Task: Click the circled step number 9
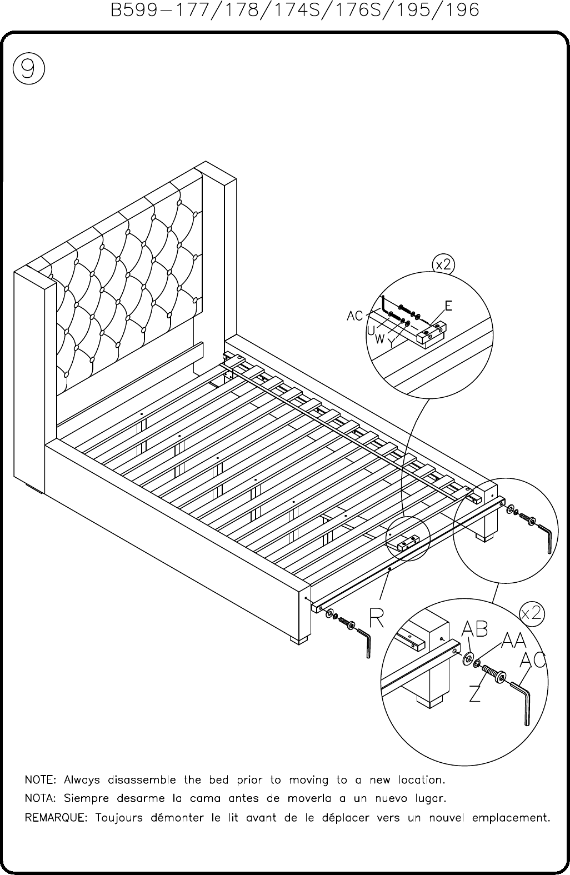[29, 68]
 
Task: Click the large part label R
[377, 618]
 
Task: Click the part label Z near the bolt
[475, 693]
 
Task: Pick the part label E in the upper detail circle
[448, 306]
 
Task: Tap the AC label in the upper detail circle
[355, 316]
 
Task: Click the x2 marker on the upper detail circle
[443, 265]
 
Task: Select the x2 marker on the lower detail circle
[532, 613]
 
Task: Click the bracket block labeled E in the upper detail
[432, 334]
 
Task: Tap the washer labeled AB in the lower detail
[468, 659]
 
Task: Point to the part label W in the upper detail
[379, 339]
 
